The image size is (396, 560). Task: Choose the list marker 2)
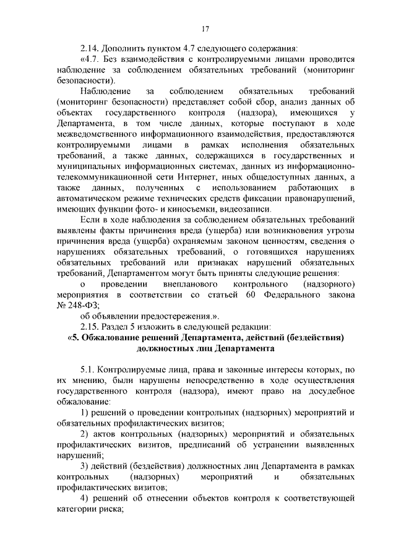pos(86,434)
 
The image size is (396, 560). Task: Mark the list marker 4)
pos(86,499)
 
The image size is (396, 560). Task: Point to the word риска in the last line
pos(110,509)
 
